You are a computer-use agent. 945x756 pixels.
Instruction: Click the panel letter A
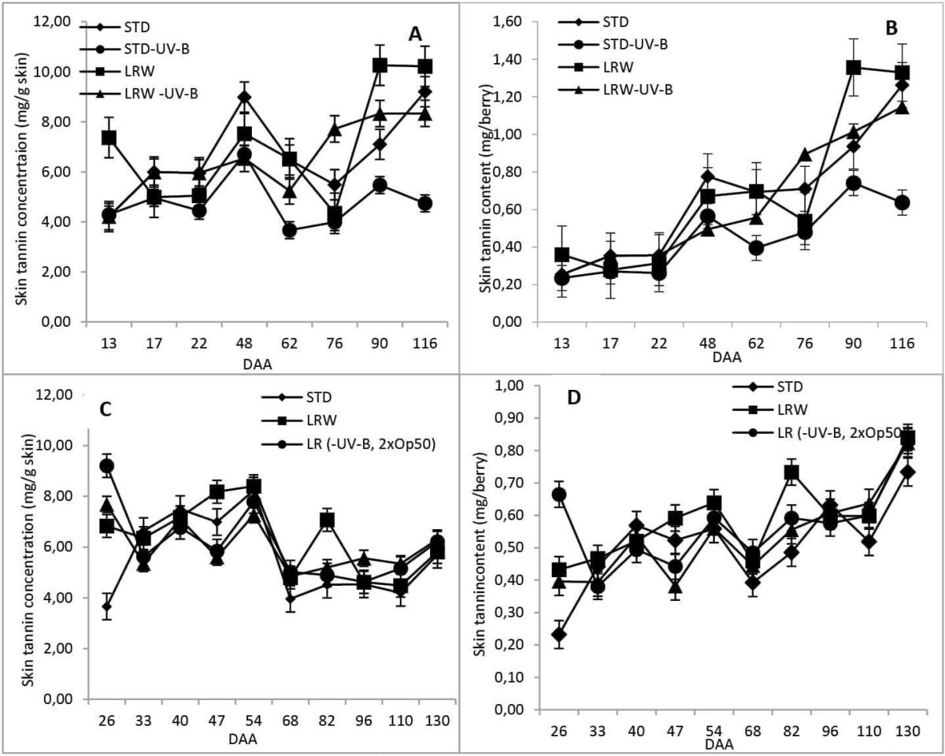pyautogui.click(x=415, y=34)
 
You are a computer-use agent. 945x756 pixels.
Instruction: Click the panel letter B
pyautogui.click(x=891, y=28)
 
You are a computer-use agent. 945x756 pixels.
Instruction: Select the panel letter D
pyautogui.click(x=573, y=398)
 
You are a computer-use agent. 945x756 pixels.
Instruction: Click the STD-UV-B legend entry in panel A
pyautogui.click(x=135, y=48)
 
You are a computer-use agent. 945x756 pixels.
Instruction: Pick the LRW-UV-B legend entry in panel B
pyautogui.click(x=616, y=90)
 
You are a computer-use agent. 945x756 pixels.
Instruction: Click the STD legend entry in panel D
pyautogui.click(x=768, y=387)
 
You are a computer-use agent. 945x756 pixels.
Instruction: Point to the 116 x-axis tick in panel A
pyautogui.click(x=424, y=343)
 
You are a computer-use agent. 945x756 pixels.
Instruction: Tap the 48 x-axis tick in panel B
pyautogui.click(x=707, y=343)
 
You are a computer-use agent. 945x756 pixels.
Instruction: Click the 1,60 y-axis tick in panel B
pyautogui.click(x=510, y=21)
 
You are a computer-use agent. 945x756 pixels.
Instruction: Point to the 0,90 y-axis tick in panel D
pyautogui.click(x=510, y=417)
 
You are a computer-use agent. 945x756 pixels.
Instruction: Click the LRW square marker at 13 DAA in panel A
pyautogui.click(x=109, y=138)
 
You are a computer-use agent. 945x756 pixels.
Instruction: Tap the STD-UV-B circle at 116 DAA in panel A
pyautogui.click(x=424, y=203)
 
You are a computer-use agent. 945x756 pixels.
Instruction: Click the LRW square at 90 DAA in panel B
pyautogui.click(x=853, y=67)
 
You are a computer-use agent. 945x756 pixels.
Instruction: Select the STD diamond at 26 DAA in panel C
pyautogui.click(x=107, y=606)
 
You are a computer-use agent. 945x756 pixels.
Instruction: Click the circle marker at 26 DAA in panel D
pyautogui.click(x=558, y=495)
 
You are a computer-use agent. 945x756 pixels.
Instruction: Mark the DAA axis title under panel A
pyautogui.click(x=258, y=364)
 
